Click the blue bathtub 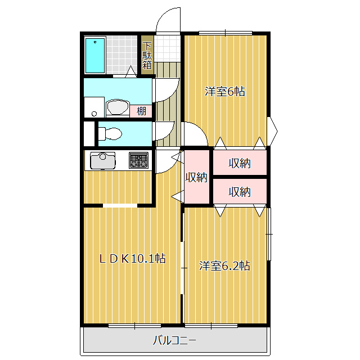[95, 55]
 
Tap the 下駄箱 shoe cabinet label [147, 56]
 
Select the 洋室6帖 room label [225, 92]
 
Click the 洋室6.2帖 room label [224, 266]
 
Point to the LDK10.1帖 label [133, 259]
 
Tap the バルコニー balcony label [174, 340]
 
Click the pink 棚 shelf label [141, 111]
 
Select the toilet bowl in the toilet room [110, 133]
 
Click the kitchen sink [102, 160]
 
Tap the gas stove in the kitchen [138, 160]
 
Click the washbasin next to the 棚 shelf [118, 107]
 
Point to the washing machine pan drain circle [94, 114]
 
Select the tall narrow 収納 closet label [196, 177]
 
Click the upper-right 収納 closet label [240, 163]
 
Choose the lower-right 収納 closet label [240, 192]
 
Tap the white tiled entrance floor [167, 48]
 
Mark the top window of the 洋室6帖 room [226, 33]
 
